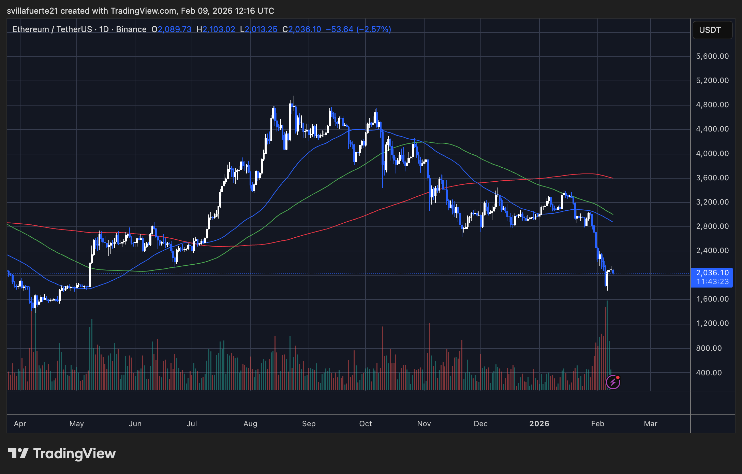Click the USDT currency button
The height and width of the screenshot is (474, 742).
[x=712, y=30]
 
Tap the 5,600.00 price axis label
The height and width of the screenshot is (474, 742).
[x=712, y=56]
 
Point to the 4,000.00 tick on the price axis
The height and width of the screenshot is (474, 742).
[x=712, y=154]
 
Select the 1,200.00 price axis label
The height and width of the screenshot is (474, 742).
[x=712, y=323]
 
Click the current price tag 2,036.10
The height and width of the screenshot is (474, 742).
[x=712, y=273]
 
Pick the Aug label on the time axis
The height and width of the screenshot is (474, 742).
[x=250, y=424]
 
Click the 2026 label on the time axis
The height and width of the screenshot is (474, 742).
[x=539, y=424]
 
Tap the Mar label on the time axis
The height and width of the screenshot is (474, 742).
[x=650, y=424]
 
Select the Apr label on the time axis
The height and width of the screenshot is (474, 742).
[x=20, y=424]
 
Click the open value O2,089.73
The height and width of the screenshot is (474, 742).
[x=172, y=29]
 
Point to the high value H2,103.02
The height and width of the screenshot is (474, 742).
[x=216, y=29]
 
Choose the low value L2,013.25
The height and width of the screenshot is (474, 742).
[x=259, y=29]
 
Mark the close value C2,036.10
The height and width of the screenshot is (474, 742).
[x=302, y=29]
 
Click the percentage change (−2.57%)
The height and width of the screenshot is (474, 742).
[x=374, y=29]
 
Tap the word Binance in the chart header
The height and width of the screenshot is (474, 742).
[x=131, y=29]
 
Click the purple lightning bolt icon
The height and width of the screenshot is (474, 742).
[x=613, y=382]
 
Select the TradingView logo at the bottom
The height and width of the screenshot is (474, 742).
[x=62, y=454]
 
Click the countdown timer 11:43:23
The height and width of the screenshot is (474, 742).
[x=712, y=282]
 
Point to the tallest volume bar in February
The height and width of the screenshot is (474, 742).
[x=607, y=345]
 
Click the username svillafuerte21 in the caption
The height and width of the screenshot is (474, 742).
[x=32, y=11]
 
